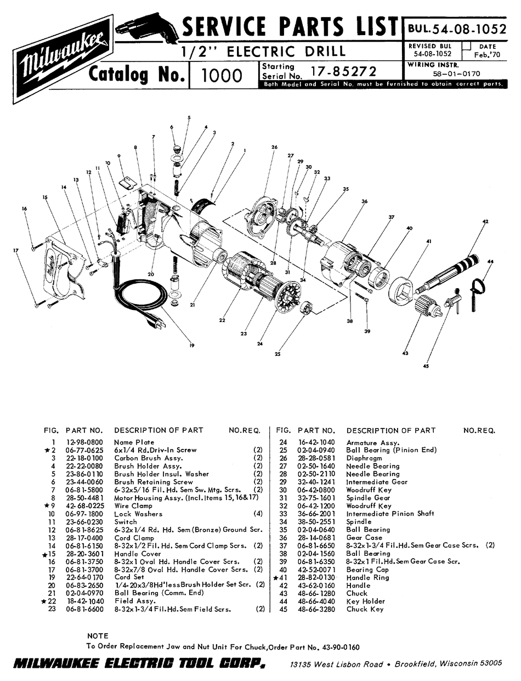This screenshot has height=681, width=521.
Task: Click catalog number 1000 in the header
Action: point(222,75)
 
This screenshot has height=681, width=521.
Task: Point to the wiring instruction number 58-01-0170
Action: point(456,73)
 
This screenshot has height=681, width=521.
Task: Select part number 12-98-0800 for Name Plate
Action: point(83,442)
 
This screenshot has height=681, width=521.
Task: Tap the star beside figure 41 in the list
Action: point(276,577)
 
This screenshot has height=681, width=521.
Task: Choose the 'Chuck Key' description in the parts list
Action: point(365,609)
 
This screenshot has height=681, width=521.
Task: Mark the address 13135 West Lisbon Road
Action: point(337,664)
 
